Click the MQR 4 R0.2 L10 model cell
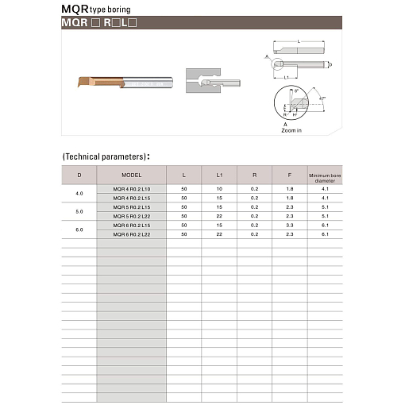(x=131, y=188)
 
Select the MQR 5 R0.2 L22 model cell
(x=131, y=216)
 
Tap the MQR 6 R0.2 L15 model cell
(x=131, y=226)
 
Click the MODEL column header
(x=131, y=174)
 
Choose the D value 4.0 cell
(x=79, y=193)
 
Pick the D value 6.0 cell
(x=79, y=230)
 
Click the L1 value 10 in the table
(x=219, y=188)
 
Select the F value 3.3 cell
(x=289, y=226)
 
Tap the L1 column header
(x=219, y=174)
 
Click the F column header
(x=289, y=174)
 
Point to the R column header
(x=254, y=174)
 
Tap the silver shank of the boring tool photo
(x=146, y=83)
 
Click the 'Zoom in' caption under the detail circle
(x=291, y=130)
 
